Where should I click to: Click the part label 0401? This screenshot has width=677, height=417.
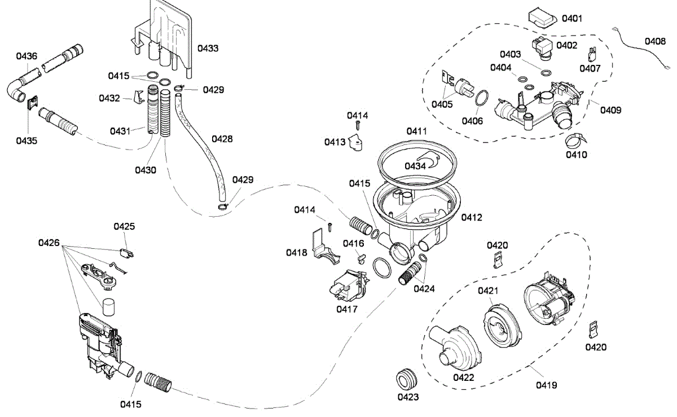(572, 19)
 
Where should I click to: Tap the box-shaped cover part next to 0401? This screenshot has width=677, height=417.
(542, 18)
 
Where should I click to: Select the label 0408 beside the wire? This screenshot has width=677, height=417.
(655, 41)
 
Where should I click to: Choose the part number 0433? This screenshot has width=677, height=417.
(208, 48)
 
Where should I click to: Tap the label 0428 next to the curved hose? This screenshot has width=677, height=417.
(222, 139)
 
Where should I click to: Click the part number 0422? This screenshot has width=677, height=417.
(464, 378)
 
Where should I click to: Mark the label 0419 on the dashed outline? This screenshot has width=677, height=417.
(547, 385)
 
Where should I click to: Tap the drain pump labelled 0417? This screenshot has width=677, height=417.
(349, 286)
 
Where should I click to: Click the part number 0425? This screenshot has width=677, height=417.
(124, 226)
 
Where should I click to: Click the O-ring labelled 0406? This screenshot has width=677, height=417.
(482, 98)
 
